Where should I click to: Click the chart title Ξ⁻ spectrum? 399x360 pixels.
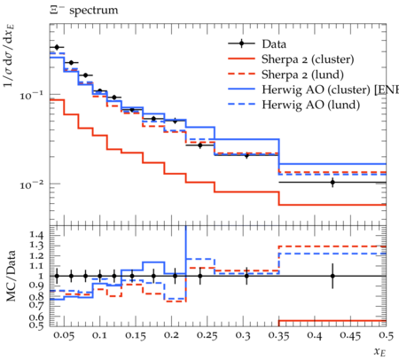click(x=84, y=11)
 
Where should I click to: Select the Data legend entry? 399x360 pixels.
click(x=274, y=44)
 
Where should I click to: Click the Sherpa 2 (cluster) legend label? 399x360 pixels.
click(x=308, y=59)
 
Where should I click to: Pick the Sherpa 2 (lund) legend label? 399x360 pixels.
click(x=302, y=74)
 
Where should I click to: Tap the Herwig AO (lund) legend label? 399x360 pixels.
click(x=311, y=105)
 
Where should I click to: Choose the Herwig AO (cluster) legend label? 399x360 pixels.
click(x=330, y=90)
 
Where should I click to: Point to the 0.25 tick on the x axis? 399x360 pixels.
click(x=207, y=335)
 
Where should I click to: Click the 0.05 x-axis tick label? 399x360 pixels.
click(x=64, y=335)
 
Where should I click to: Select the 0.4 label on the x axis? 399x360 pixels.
click(x=315, y=335)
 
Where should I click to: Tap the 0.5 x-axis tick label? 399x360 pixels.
click(x=386, y=335)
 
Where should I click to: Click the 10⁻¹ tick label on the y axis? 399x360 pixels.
click(x=31, y=95)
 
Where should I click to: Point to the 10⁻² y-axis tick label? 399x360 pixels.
click(x=31, y=184)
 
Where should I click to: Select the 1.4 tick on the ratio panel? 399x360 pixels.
click(x=36, y=235)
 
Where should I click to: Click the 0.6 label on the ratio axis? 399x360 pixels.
click(x=36, y=317)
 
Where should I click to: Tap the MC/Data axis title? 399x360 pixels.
click(x=12, y=276)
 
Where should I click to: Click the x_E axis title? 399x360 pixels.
click(x=380, y=351)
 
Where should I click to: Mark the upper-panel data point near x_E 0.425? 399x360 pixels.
click(x=332, y=182)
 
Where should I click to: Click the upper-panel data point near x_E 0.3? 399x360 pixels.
click(x=246, y=155)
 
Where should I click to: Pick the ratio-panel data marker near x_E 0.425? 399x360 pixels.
click(x=332, y=276)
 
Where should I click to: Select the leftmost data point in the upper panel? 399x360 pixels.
click(x=57, y=47)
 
